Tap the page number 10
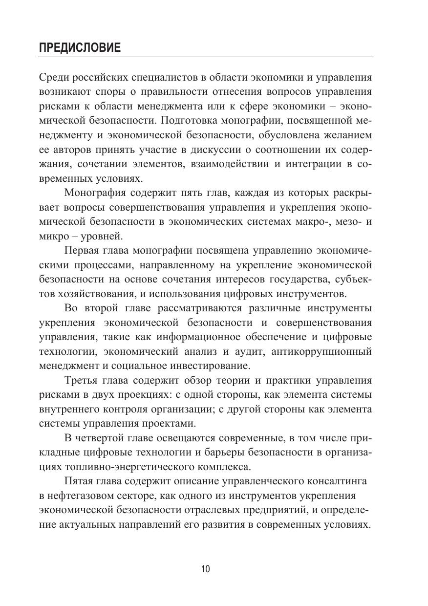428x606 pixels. pos(205,569)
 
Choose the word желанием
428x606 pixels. pos(346,134)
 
